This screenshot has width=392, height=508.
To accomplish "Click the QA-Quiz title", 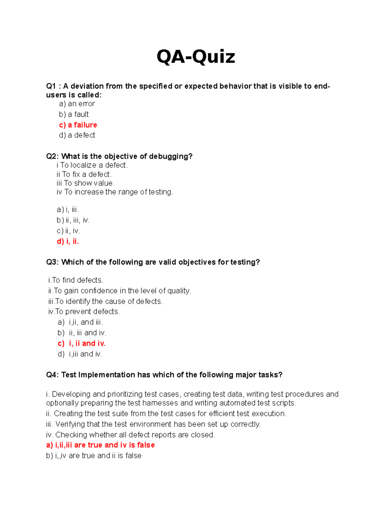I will pos(196,57).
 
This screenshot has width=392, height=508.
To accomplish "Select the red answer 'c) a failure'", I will pos(78,125).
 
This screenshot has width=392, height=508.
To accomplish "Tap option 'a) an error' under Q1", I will pos(77,104).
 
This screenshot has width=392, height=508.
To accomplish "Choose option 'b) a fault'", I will pos(74,114).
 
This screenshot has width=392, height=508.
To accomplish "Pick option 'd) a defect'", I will pos(77,135).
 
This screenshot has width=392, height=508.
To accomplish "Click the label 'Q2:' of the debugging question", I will pos(52,156).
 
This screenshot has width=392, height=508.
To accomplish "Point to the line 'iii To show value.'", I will pos(86,183).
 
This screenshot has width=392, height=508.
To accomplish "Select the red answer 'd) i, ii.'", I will pos(68,241).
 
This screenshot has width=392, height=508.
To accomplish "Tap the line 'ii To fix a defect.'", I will pos(84,174).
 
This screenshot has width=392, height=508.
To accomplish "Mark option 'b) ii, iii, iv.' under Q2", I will pos(73,220).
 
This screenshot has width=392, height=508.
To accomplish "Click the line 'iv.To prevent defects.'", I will pos(84,311).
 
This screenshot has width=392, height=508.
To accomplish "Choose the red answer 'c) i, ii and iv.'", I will pos(82,343).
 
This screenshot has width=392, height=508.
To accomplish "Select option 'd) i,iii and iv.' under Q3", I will pos(80,354).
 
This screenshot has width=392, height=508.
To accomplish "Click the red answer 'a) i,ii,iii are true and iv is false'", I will pos(100,445).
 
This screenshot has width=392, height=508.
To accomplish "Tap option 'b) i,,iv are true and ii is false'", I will pos(94,456).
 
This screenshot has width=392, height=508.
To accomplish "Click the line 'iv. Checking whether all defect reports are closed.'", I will pos(130,435).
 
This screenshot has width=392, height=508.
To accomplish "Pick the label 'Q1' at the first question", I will pos(51,86).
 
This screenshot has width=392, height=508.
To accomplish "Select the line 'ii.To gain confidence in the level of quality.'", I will pos(120,291).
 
